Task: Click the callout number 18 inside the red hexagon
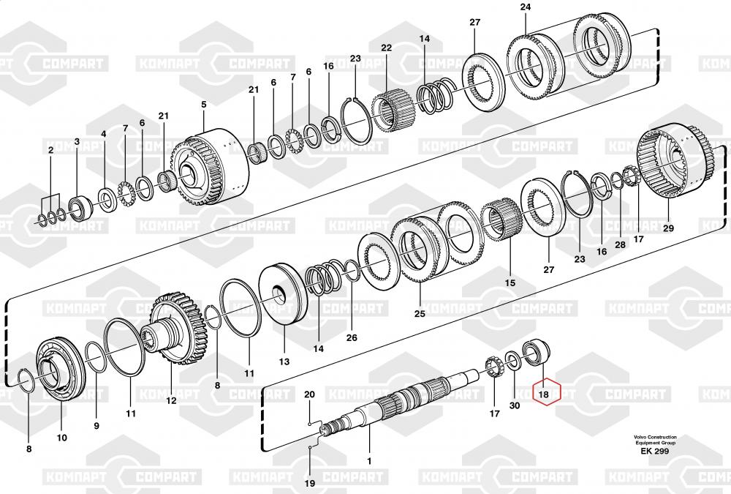tap(543, 394)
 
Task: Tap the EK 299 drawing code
tap(654, 451)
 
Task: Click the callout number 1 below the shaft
tap(369, 461)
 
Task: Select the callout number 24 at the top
tap(526, 7)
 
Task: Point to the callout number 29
tap(668, 228)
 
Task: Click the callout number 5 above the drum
tap(204, 104)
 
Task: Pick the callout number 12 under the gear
tap(171, 400)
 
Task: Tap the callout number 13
tap(284, 362)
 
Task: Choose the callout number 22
tap(387, 48)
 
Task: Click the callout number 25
tap(420, 313)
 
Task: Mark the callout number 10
tap(61, 438)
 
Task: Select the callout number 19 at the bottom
tap(309, 483)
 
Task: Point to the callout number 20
tap(309, 394)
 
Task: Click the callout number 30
tap(514, 405)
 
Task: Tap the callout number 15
tap(510, 282)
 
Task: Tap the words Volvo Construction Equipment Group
tap(654, 440)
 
